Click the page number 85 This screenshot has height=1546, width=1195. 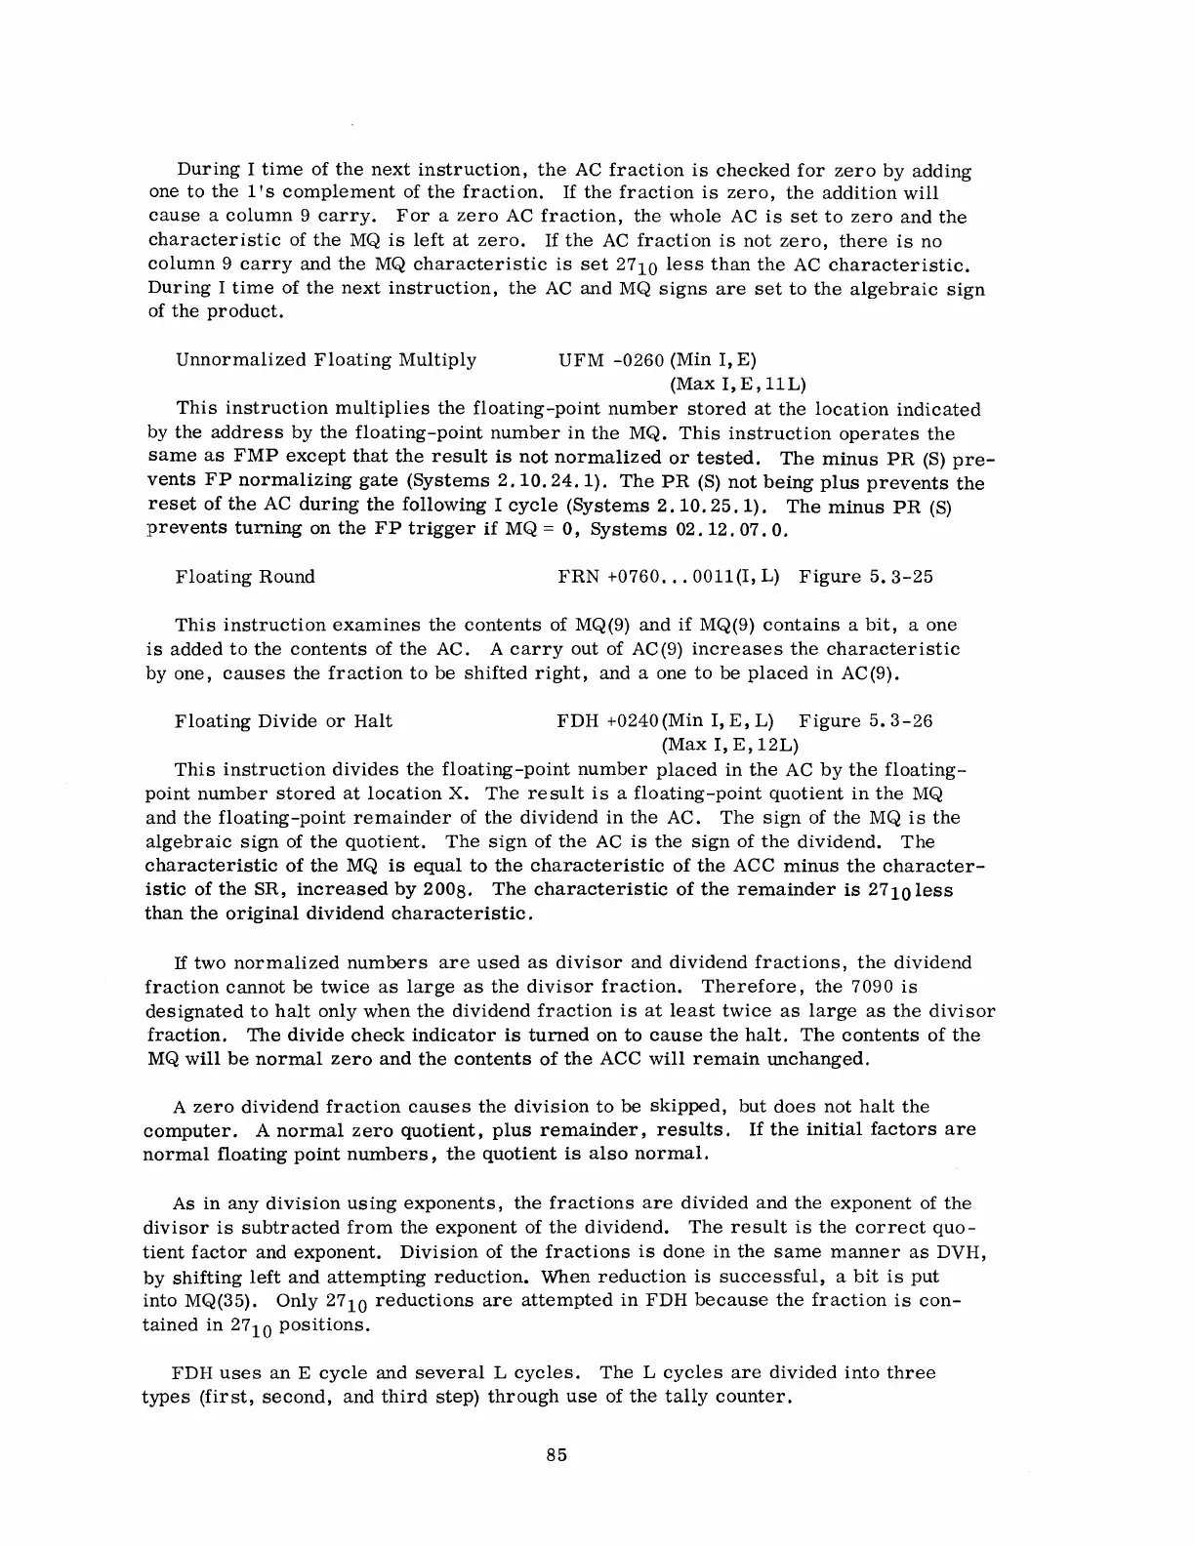pos(557,1455)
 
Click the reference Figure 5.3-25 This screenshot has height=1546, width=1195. pos(865,577)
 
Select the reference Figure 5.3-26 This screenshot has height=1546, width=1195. pos(865,721)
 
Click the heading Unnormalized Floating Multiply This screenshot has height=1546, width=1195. pos(326,360)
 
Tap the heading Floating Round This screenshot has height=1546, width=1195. pos(245,577)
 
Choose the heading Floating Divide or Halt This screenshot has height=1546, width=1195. pos(283,721)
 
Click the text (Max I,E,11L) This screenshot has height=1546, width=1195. pos(737,385)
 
